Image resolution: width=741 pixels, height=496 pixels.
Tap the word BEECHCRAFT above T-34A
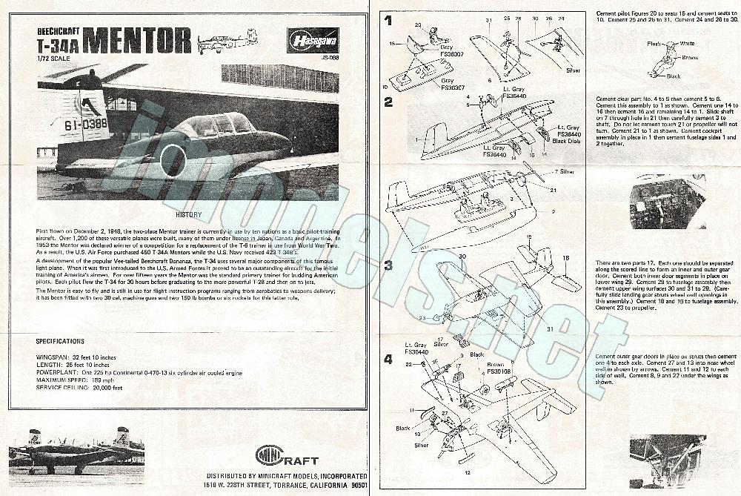[x=57, y=31]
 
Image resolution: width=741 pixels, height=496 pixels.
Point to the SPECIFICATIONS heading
[x=60, y=341]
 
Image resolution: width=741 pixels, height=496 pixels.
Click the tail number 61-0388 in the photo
[x=84, y=125]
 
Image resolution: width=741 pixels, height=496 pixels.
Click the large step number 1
[x=388, y=22]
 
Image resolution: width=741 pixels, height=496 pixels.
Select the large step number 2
[x=388, y=102]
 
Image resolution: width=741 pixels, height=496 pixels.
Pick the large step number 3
[x=388, y=264]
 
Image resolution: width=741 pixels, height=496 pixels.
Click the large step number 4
[x=388, y=360]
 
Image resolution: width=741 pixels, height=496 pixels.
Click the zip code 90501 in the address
[x=356, y=485]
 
